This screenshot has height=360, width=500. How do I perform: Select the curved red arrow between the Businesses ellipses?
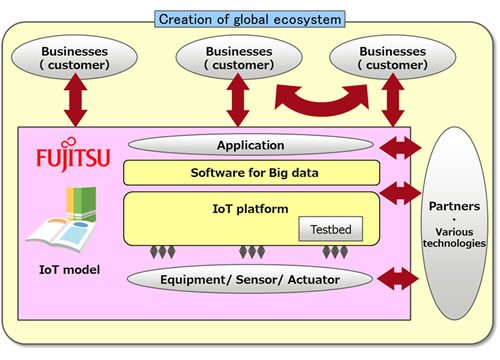coord(318,98)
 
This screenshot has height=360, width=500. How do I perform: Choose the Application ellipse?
coord(251,145)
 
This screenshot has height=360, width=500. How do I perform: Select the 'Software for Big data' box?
coord(251,173)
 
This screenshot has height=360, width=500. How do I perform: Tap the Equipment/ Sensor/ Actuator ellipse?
coord(251,279)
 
